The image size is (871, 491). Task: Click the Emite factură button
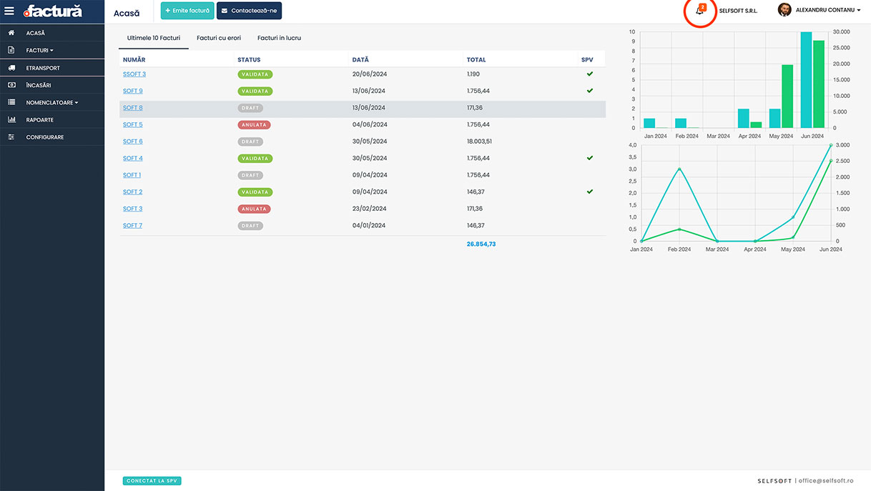pyautogui.click(x=187, y=11)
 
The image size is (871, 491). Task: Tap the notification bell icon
pyautogui.click(x=699, y=11)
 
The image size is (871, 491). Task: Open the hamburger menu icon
pyautogui.click(x=9, y=11)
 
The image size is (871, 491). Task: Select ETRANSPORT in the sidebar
pyautogui.click(x=43, y=68)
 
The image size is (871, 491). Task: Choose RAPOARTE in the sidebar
pyautogui.click(x=39, y=120)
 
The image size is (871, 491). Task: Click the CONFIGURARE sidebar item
pyautogui.click(x=44, y=137)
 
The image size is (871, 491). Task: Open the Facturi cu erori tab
pyautogui.click(x=219, y=38)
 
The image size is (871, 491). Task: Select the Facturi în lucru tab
pyautogui.click(x=279, y=38)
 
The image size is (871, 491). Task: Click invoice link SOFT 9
pyautogui.click(x=133, y=91)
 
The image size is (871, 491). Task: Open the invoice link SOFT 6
pyautogui.click(x=133, y=142)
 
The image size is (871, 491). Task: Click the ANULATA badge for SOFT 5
pyautogui.click(x=254, y=125)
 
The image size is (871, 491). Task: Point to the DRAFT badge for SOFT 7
pyautogui.click(x=250, y=226)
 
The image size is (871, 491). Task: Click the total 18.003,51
pyautogui.click(x=479, y=142)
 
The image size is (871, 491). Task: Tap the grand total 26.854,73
pyautogui.click(x=481, y=244)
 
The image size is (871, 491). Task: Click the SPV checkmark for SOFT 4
pyautogui.click(x=590, y=158)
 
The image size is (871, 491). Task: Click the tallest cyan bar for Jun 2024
pyautogui.click(x=806, y=80)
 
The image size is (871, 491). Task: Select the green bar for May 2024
pyautogui.click(x=787, y=96)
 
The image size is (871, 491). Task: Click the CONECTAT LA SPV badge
pyautogui.click(x=152, y=481)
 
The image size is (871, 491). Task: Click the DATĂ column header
pyautogui.click(x=360, y=60)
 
